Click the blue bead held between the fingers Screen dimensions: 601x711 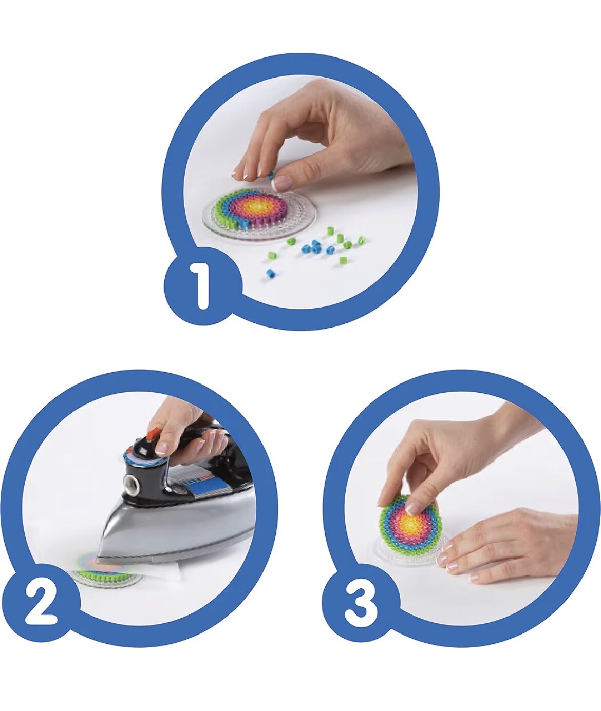click(x=271, y=176)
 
